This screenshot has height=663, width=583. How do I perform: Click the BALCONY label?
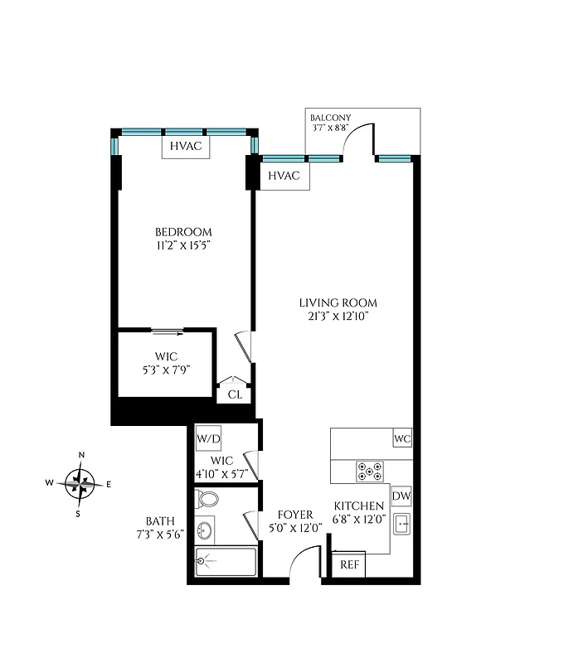coord(330,117)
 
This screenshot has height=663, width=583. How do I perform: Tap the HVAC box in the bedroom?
coord(186,146)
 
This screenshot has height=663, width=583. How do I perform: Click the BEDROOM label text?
coord(184,232)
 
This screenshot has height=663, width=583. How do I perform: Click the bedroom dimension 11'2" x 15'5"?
coord(184,245)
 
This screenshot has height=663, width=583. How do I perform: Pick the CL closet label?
coord(235,394)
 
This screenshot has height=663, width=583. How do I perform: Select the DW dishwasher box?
coord(401,496)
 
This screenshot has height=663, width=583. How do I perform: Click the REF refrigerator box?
coord(350,565)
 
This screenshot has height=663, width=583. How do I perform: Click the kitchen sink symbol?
coord(401,525)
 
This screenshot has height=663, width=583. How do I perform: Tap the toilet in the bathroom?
coord(206,500)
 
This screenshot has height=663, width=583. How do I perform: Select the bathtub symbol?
coord(226,561)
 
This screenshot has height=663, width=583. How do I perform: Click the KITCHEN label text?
coord(358,506)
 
